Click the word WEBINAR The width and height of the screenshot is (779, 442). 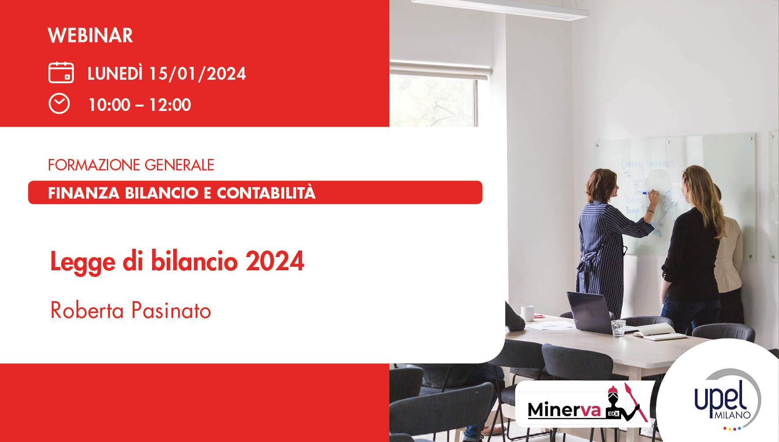pos(90,36)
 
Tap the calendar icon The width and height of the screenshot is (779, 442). pos(61,73)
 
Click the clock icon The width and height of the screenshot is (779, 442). pos(59,104)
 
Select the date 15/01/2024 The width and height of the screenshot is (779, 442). pos(197,74)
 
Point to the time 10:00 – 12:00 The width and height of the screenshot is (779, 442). pos(140,105)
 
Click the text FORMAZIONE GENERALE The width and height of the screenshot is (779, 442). pos(131,165)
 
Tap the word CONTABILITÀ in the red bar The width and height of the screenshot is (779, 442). pos(266,193)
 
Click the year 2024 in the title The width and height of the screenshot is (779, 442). pos(275,261)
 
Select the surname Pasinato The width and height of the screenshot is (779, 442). pos(171,310)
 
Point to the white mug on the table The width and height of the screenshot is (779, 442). pos(527,313)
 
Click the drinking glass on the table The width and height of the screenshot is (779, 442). pos(618,328)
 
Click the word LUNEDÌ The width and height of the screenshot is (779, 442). pos(115,74)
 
